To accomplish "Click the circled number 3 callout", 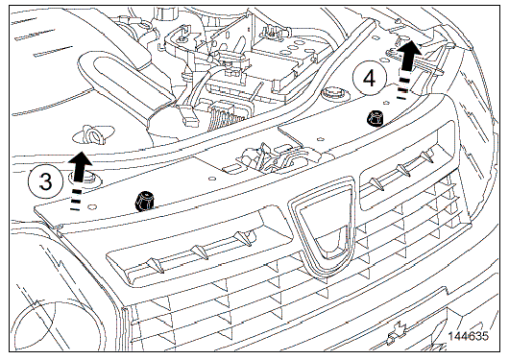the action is [x=45, y=181].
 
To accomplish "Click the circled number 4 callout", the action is [x=370, y=79].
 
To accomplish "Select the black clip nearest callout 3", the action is [x=144, y=201].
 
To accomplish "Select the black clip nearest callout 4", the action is [x=375, y=119].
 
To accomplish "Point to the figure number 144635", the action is [x=468, y=336].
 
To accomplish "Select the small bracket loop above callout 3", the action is [x=93, y=135].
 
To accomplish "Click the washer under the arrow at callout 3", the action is [x=85, y=178].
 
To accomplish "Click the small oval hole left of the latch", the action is [x=211, y=179].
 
